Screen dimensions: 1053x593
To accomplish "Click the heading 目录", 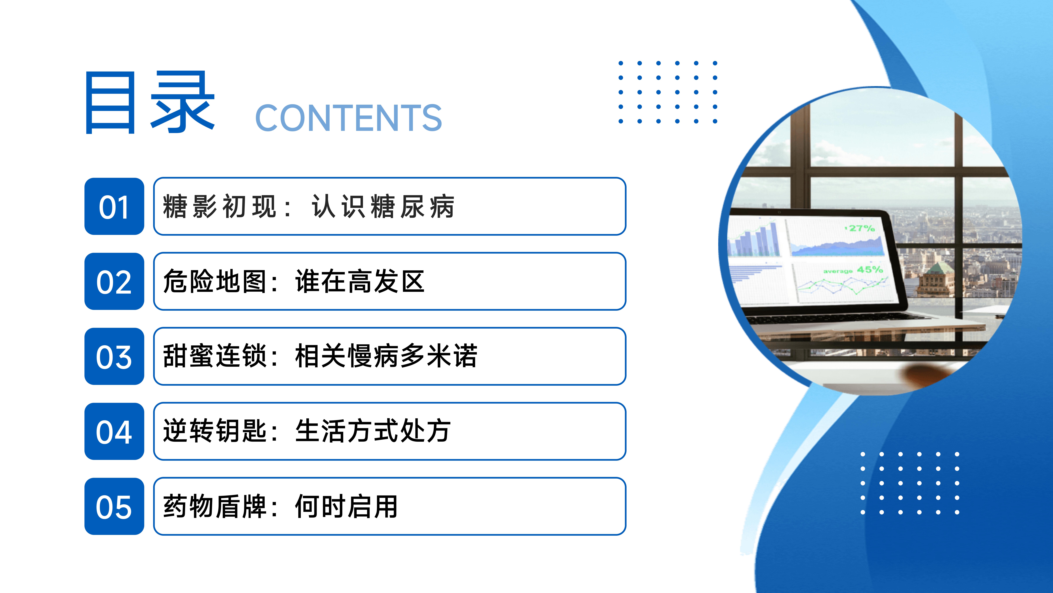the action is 150,102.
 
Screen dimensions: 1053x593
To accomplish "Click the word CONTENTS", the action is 348,118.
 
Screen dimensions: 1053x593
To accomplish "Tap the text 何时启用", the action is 347,506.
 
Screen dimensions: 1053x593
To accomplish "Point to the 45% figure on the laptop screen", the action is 870,270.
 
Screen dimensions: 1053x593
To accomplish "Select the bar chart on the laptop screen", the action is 754,239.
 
